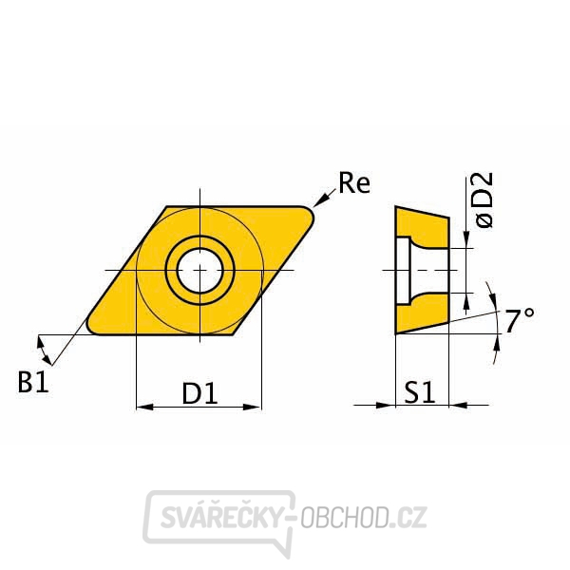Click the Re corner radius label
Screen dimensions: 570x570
tap(354, 184)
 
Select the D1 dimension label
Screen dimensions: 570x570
tap(199, 392)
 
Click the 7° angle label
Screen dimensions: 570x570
tap(519, 322)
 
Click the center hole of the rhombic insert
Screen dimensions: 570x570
tap(200, 270)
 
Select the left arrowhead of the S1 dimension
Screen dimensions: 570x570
tap(388, 406)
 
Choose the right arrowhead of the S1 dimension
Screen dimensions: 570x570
tap(458, 406)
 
